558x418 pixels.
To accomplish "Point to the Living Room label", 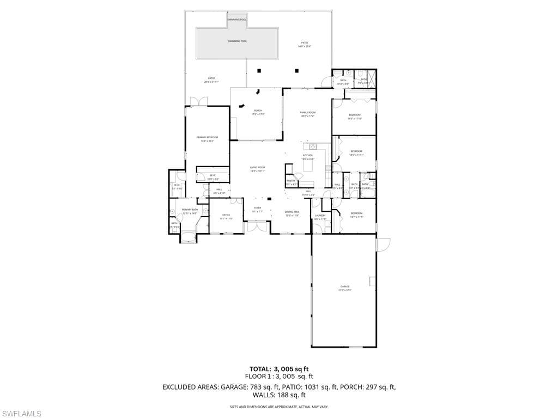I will (x=257, y=169).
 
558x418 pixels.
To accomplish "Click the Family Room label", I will (x=308, y=114).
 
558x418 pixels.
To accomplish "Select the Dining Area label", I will (x=292, y=213).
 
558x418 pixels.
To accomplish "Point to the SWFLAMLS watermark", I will (x=21, y=414).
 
